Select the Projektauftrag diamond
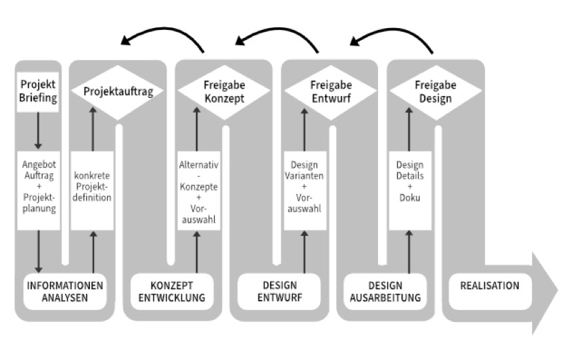tap(117, 92)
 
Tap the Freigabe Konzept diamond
tap(223, 92)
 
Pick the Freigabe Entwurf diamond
tap(331, 92)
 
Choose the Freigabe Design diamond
tap(436, 92)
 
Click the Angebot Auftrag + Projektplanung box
tap(38, 190)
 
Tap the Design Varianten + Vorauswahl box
tap(305, 189)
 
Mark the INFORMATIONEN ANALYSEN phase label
tap(65, 292)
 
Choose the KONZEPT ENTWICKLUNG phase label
tap(171, 292)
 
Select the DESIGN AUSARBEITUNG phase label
tap(385, 292)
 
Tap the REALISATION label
tap(489, 286)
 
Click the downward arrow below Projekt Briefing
tap(38, 130)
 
